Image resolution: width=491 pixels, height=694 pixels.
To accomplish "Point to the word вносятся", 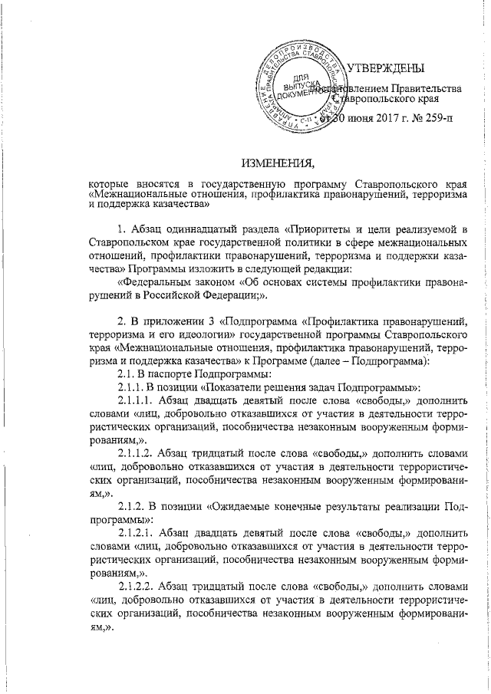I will point(151,185).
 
